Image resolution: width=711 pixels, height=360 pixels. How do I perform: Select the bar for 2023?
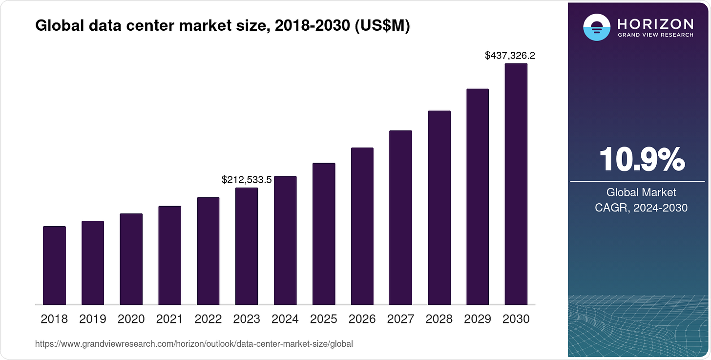(247, 246)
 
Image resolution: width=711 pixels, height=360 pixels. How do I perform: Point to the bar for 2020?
(131, 259)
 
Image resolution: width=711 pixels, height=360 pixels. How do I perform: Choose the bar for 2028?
(439, 208)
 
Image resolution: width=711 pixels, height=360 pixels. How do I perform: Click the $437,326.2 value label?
(510, 56)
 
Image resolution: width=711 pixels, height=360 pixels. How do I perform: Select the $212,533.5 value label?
(247, 180)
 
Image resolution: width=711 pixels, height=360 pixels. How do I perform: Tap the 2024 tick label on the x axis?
(285, 319)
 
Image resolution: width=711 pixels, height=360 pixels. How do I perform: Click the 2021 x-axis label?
(169, 319)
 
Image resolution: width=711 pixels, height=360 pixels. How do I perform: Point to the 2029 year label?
(478, 319)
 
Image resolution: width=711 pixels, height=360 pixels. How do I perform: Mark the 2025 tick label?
(324, 319)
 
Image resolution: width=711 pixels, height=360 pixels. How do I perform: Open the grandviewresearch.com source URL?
(194, 344)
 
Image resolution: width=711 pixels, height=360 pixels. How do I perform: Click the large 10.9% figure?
(641, 159)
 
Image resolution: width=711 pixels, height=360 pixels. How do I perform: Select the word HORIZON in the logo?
(655, 24)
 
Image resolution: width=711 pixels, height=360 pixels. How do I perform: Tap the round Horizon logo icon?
(597, 27)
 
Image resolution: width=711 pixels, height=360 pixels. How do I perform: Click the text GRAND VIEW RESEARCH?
(655, 35)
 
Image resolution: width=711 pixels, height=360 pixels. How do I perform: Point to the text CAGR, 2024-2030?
(641, 208)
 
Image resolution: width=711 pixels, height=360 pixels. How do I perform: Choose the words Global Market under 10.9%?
(641, 192)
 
